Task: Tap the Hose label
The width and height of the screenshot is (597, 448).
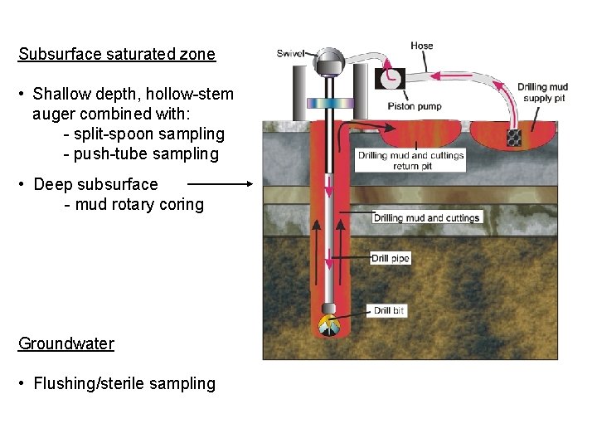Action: point(421,46)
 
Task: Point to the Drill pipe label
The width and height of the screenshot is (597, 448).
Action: point(391,259)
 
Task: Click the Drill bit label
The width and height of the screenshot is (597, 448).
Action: point(389,311)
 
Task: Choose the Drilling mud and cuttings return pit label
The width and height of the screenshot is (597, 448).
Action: point(411,160)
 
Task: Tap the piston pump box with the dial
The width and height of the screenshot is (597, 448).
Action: point(389,78)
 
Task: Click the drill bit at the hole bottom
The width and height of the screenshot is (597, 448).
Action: point(328,324)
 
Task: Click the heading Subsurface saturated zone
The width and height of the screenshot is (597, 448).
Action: point(117,55)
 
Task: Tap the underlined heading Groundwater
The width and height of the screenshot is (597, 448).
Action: point(66,343)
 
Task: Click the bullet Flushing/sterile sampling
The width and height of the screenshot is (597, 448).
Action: point(124,383)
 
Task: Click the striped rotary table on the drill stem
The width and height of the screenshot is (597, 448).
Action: point(329,103)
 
